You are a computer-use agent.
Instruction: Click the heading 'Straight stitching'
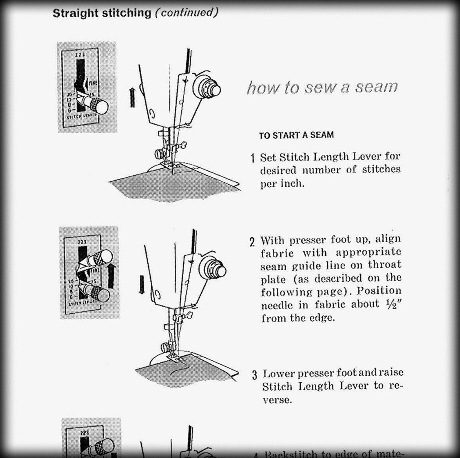tap(102, 13)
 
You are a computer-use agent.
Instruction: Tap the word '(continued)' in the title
tap(187, 12)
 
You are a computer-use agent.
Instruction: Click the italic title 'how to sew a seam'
tap(322, 87)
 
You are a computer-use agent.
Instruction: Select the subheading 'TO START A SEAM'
tap(296, 135)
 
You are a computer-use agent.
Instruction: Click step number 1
tap(253, 158)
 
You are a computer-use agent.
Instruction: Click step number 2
tap(252, 242)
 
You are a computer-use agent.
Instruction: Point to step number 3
tap(254, 375)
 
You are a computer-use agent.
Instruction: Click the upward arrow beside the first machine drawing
tap(132, 97)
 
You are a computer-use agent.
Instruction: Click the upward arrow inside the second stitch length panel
tap(112, 276)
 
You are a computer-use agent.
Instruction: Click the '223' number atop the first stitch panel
tap(80, 54)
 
